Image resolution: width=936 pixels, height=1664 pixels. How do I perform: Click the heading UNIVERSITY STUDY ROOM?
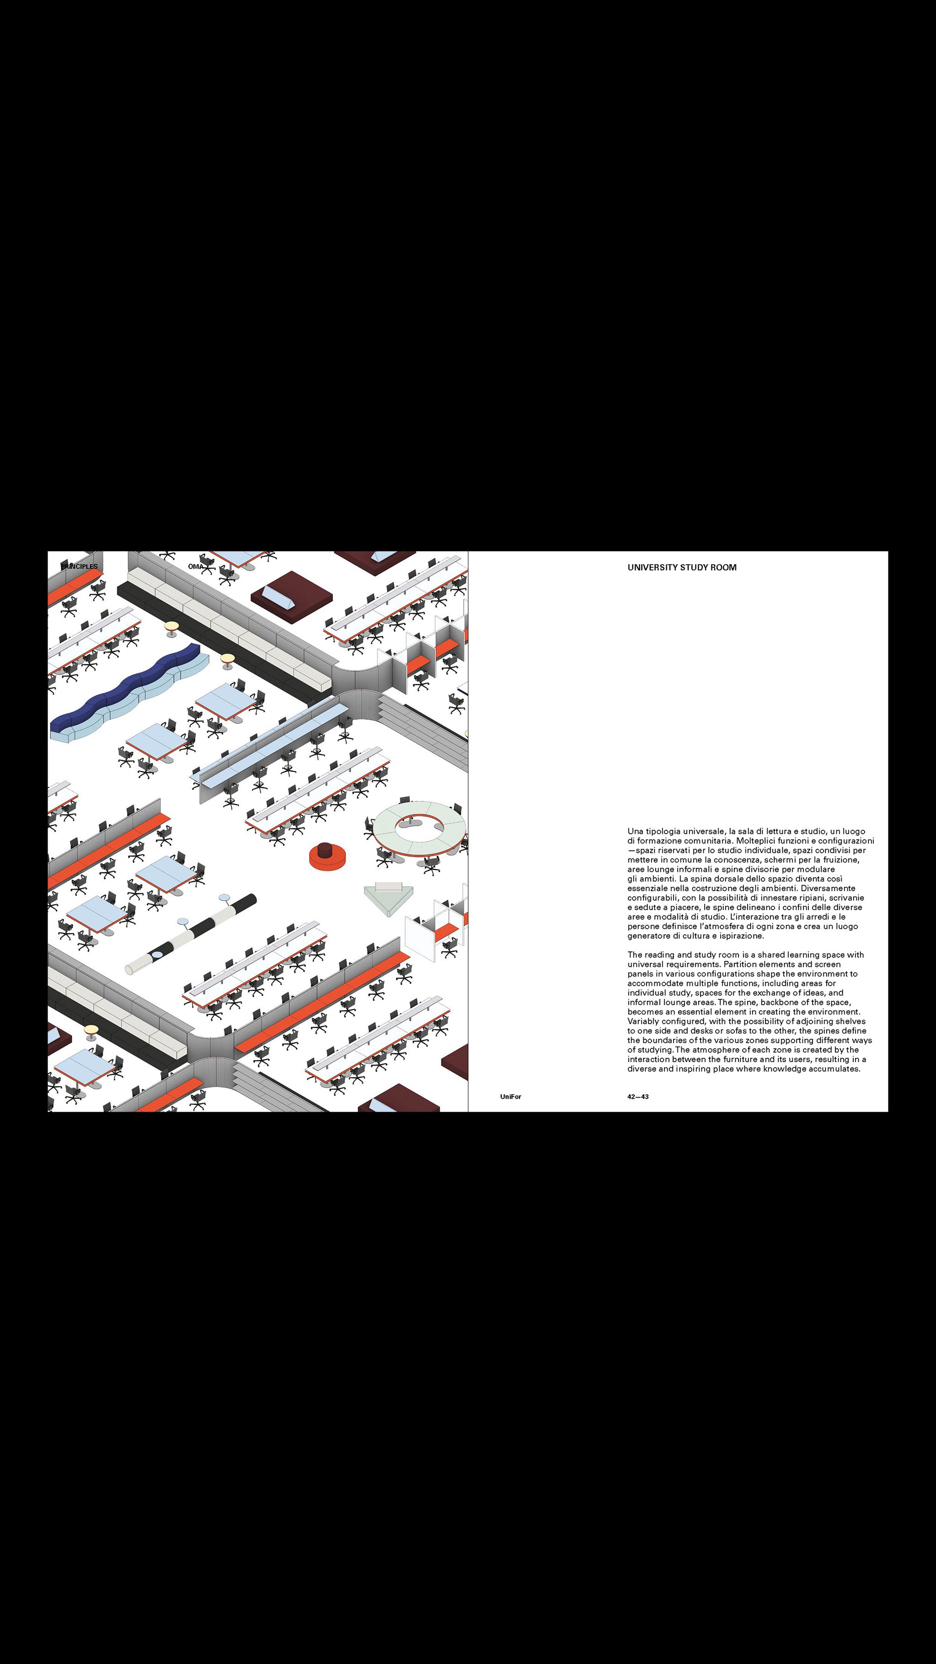click(x=681, y=568)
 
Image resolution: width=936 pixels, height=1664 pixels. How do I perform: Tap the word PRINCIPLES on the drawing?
click(x=79, y=566)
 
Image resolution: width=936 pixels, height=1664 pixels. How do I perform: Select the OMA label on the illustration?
click(x=196, y=566)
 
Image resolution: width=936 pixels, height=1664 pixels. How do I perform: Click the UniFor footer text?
click(x=510, y=1097)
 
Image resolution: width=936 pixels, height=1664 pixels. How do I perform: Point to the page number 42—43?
click(x=637, y=1097)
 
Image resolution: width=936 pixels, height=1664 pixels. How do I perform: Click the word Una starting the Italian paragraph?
click(x=636, y=832)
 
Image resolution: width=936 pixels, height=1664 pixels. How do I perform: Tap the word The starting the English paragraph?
click(x=635, y=955)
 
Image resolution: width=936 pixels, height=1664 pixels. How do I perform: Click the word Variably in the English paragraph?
click(x=644, y=1021)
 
